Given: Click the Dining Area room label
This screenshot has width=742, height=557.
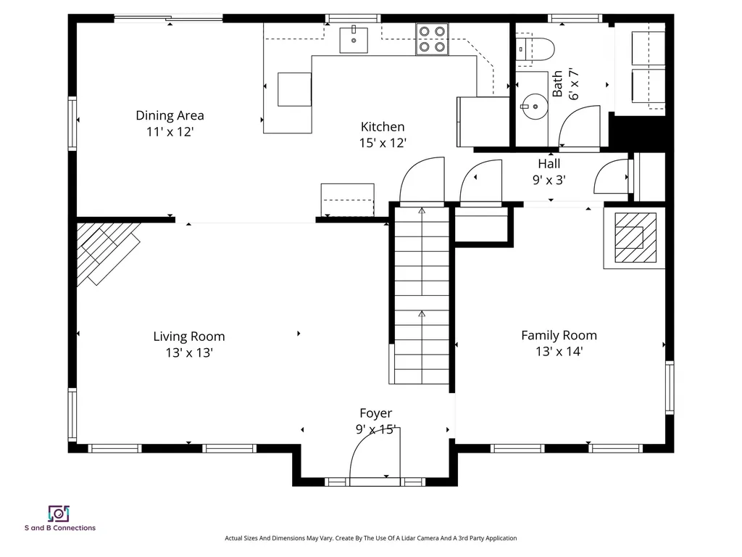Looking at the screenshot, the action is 170,115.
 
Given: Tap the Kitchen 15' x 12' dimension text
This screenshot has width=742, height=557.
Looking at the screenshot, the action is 383,143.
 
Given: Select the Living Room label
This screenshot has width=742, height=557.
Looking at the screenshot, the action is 189,337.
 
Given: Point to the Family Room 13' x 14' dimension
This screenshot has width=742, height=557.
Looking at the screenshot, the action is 559,352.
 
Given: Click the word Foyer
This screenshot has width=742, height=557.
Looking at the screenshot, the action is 376,413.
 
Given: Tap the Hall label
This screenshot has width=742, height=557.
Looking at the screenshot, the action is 549,164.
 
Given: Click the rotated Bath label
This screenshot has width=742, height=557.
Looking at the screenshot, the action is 557,84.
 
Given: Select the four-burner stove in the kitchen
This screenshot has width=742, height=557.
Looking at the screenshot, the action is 432,39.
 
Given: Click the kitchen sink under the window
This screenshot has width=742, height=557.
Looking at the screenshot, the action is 354,40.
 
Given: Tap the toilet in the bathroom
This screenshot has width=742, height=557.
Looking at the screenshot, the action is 535,49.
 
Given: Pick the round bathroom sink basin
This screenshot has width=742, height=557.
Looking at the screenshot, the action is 535,107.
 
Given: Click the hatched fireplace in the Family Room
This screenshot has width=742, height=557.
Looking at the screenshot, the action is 635,238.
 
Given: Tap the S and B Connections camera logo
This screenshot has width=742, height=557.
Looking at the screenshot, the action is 59,513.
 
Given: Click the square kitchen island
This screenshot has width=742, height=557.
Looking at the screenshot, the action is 294,89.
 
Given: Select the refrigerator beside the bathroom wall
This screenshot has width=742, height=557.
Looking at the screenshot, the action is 483,122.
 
